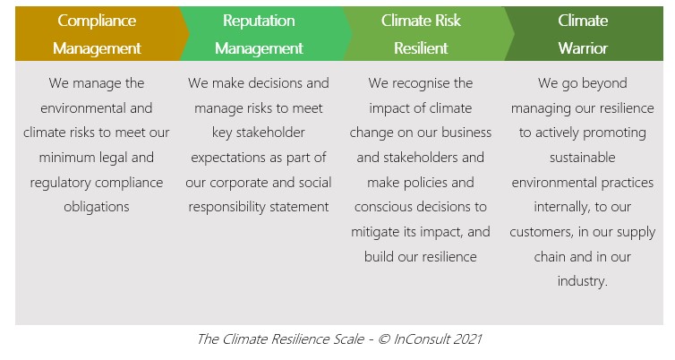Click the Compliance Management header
click(97, 34)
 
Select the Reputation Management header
click(259, 34)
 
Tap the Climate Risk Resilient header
click(421, 34)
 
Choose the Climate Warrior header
click(584, 34)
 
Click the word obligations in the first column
click(97, 207)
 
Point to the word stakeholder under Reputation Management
click(270, 133)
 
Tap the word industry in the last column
click(581, 281)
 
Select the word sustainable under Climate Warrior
click(583, 158)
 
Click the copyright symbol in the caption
click(384, 339)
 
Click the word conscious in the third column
click(380, 207)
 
